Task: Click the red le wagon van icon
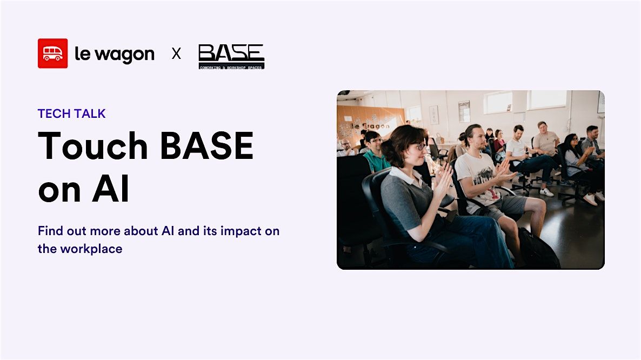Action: pyautogui.click(x=52, y=54)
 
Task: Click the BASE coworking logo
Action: pyautogui.click(x=231, y=56)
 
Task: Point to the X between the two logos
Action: pyautogui.click(x=176, y=54)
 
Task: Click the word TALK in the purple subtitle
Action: pyautogui.click(x=91, y=114)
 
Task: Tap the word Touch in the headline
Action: pyautogui.click(x=93, y=146)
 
